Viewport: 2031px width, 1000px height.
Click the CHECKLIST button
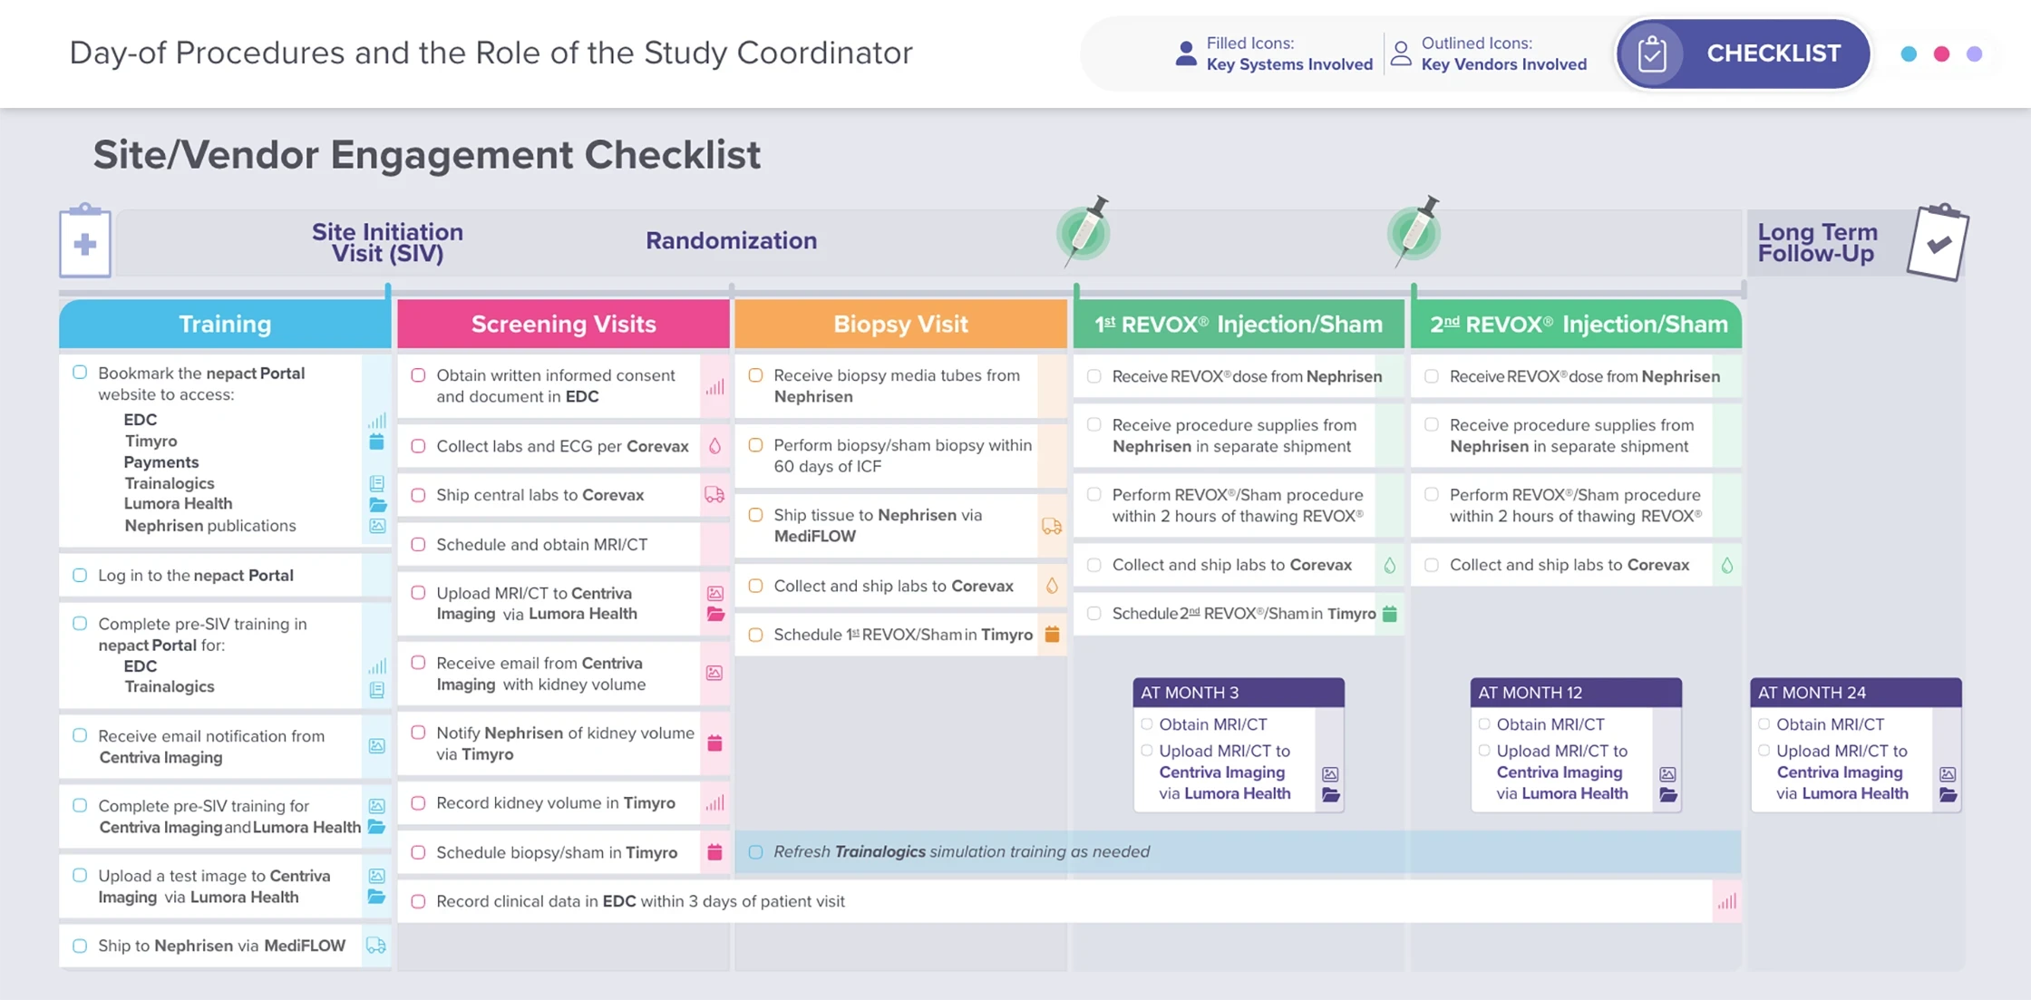click(1743, 53)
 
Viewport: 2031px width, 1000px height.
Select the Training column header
click(225, 324)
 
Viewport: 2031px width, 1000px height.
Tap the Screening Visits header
click(563, 324)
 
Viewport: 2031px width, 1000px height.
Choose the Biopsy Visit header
click(900, 324)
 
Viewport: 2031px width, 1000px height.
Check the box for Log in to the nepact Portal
click(80, 575)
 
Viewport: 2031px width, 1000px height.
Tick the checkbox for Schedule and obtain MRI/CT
click(418, 544)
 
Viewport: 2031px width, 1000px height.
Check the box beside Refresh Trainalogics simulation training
click(755, 851)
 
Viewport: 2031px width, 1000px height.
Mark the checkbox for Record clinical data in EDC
click(418, 901)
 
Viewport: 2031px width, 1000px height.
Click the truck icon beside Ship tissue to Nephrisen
click(1052, 526)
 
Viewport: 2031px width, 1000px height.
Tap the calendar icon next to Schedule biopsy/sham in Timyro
click(714, 852)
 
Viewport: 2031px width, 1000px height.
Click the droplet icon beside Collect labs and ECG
click(714, 446)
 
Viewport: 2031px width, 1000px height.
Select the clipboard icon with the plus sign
click(85, 242)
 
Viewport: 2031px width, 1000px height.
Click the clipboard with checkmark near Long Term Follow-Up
click(1938, 243)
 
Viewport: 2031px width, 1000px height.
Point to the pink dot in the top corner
click(1941, 54)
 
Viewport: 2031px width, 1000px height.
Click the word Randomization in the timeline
click(731, 240)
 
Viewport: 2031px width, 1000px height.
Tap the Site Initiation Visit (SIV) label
click(387, 242)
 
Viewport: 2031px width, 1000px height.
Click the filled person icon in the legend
click(1185, 53)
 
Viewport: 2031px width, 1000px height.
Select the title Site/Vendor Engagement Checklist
click(426, 155)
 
